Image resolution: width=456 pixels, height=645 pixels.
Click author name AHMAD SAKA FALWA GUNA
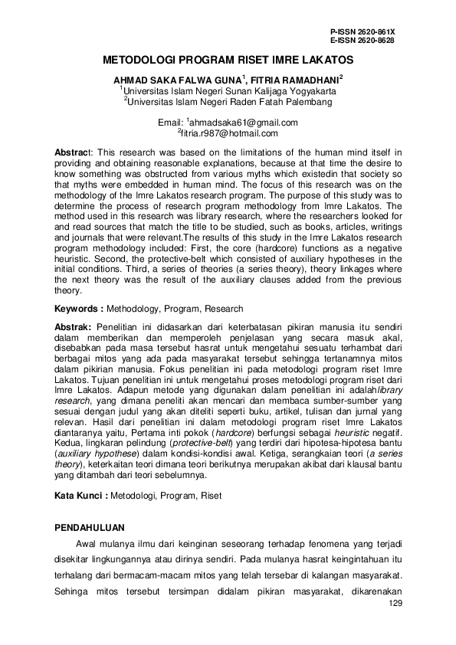coord(177,79)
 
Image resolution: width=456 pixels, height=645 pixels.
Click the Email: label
coord(170,123)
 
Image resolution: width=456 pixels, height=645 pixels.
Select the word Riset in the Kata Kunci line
coord(210,496)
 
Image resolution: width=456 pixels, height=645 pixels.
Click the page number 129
coord(395,605)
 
